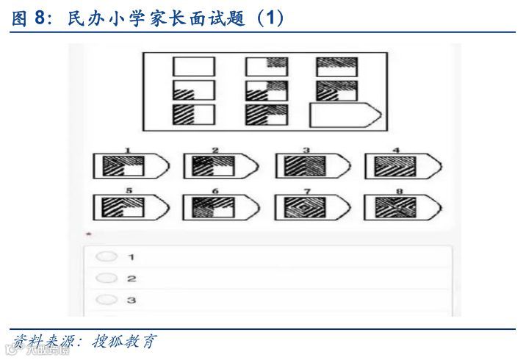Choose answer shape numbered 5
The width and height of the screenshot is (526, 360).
130,207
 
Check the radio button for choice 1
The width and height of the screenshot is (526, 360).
107,256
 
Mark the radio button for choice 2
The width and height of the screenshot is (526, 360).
107,278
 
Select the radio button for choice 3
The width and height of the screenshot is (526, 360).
107,300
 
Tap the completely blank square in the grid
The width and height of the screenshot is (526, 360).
194,67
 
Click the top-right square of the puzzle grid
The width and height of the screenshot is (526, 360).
337,67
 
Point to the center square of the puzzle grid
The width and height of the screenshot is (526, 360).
266,91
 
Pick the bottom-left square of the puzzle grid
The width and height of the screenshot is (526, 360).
194,115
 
